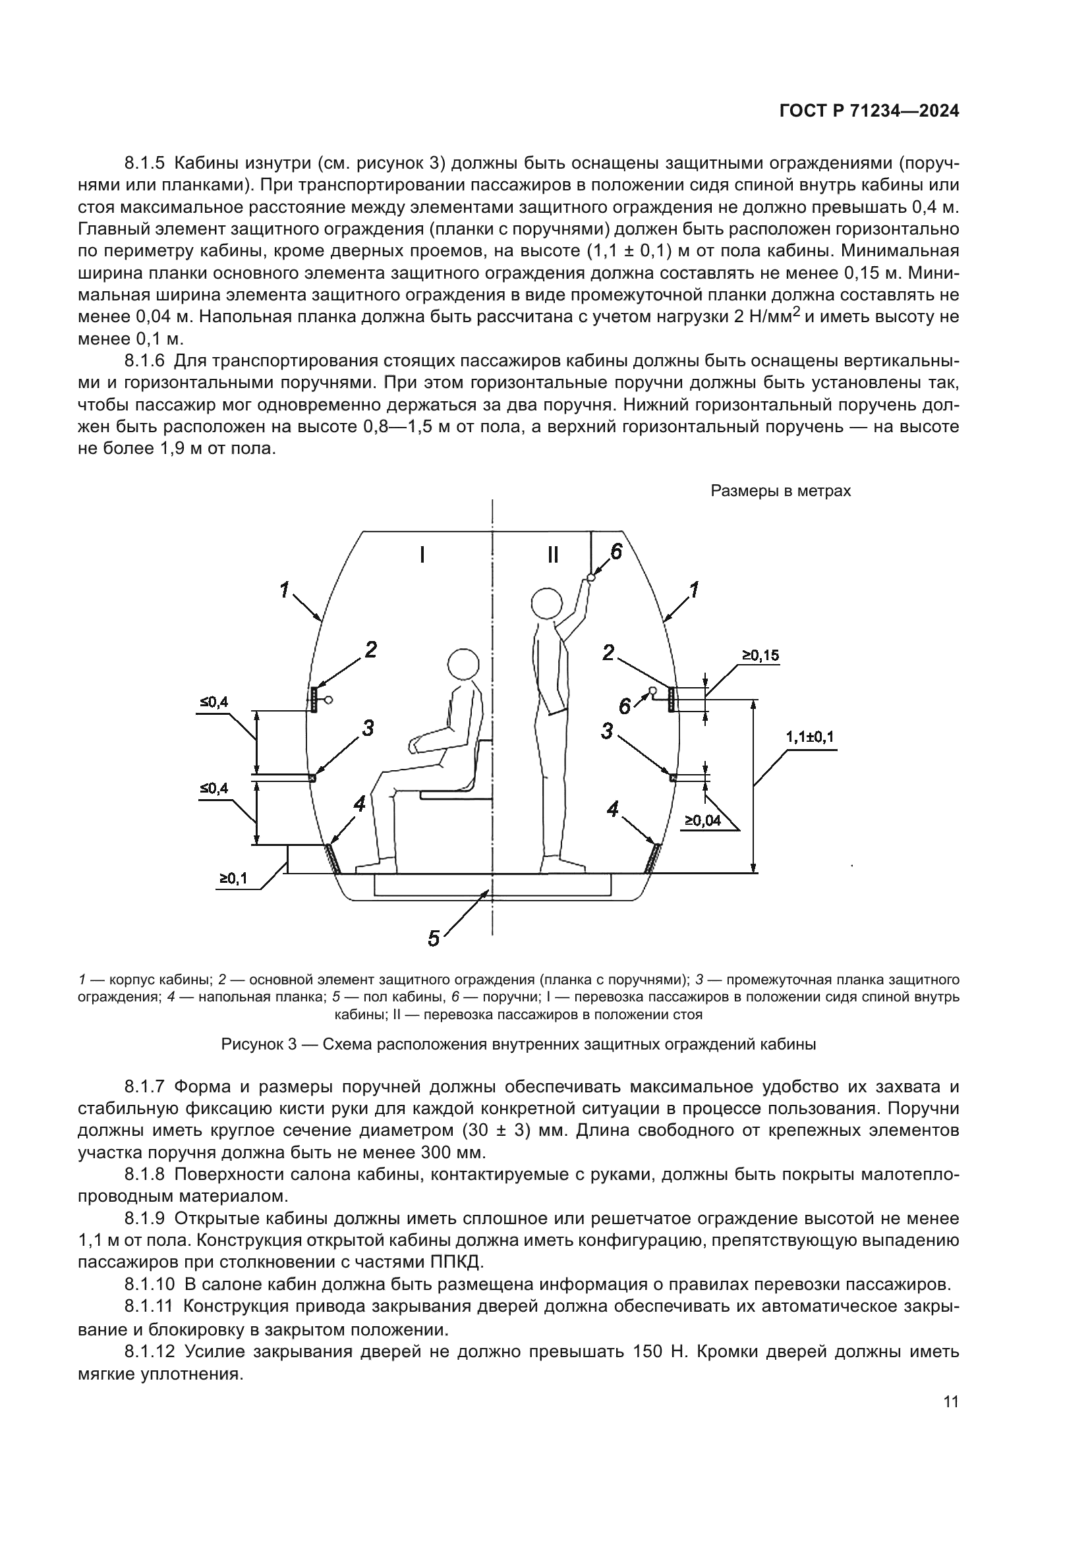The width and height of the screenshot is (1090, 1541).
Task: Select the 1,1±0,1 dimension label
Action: (x=809, y=737)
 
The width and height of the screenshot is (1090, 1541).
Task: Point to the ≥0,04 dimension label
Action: (x=703, y=820)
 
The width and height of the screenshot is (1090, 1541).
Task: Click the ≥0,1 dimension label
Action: (x=232, y=878)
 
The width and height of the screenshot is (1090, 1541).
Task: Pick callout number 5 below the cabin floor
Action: (x=434, y=938)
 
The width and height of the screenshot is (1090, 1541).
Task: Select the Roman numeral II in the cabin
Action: (x=552, y=554)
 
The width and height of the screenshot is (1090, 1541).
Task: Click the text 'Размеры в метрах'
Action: (x=780, y=491)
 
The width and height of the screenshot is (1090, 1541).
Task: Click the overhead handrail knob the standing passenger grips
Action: (x=590, y=576)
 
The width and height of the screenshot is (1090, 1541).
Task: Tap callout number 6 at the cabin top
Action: (x=616, y=551)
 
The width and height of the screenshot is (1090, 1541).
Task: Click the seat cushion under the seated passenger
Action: (x=455, y=795)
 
